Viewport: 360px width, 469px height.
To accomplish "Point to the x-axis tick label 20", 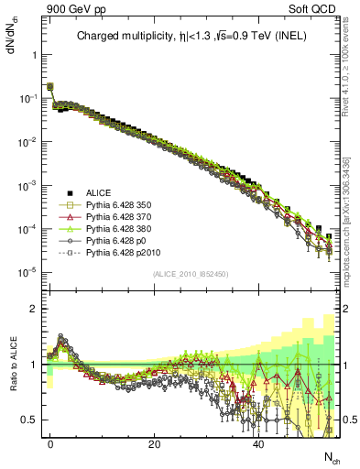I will (154, 442).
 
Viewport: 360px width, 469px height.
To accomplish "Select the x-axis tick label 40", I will (259, 442).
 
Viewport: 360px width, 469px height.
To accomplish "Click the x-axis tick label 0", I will (50, 442).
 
